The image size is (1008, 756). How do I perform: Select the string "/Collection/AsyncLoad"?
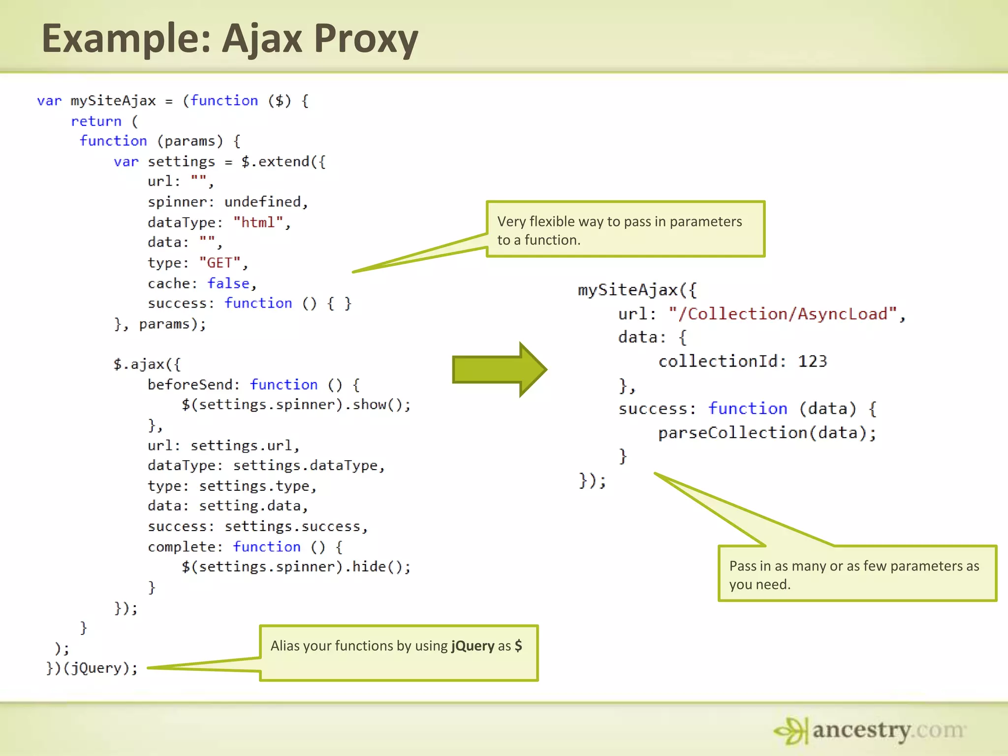coord(783,314)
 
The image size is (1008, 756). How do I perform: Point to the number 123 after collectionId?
coord(812,362)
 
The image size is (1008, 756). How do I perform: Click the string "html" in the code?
coord(258,222)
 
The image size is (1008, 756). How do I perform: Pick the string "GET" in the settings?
coord(220,263)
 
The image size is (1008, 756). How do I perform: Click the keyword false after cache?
coord(228,283)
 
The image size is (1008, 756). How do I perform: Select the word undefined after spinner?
coord(262,202)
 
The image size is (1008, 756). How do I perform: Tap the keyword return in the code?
coord(96,121)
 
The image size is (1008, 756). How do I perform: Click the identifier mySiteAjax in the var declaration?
coord(113,101)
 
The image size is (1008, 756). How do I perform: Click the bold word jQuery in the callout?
coord(472,646)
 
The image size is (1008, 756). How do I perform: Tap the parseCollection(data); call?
coord(767,433)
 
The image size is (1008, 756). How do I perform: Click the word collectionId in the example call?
coord(719,362)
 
